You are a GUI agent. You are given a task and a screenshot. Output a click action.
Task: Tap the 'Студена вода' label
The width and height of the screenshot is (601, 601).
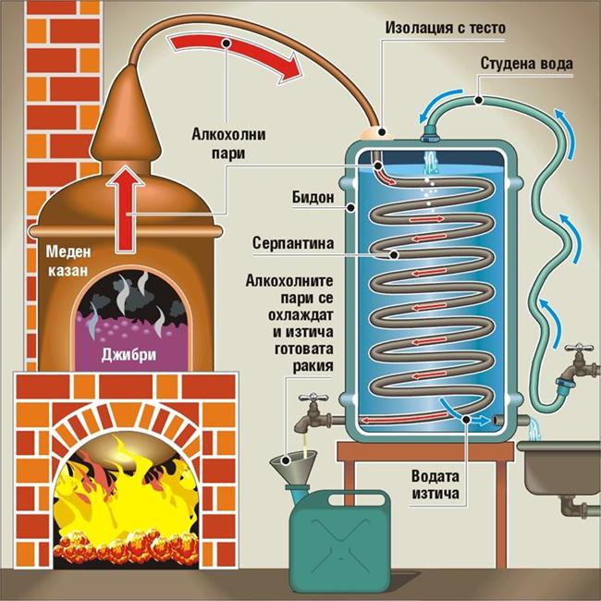tap(527, 65)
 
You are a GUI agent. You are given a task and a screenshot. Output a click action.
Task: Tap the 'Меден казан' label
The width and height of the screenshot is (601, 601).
tap(59, 260)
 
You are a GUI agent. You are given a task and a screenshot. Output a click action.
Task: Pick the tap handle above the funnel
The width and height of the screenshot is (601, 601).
tap(313, 399)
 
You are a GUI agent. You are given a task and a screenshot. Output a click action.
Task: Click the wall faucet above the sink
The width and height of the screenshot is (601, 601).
tap(574, 362)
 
